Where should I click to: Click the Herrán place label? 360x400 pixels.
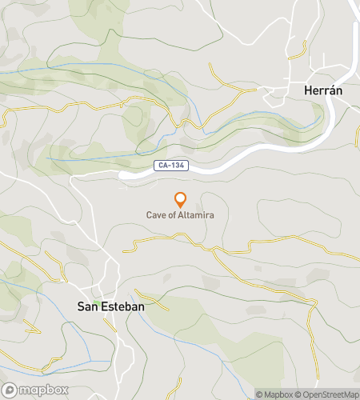tap(324, 90)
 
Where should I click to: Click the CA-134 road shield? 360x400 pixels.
tap(168, 166)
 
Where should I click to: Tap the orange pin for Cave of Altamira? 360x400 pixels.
tap(180, 200)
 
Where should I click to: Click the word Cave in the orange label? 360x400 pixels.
tap(155, 214)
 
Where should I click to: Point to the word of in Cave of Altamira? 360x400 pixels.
tap(172, 214)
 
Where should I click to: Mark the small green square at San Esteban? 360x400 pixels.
tap(95, 302)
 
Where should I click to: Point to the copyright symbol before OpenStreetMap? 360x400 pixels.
tap(298, 394)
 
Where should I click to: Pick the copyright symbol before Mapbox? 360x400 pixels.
tap(260, 394)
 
